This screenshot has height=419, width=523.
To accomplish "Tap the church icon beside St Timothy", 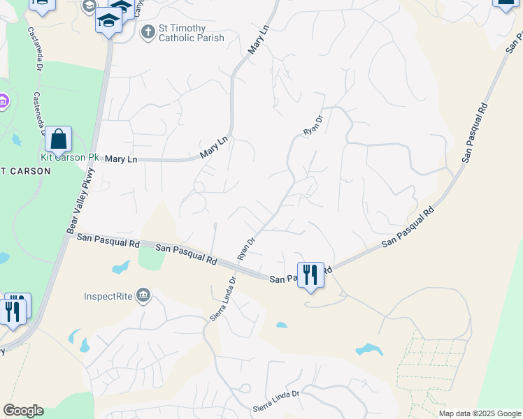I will tap(148, 31).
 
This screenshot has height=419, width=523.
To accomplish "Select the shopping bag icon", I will tap(59, 140).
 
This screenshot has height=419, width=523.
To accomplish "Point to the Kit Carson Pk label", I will tap(70, 157).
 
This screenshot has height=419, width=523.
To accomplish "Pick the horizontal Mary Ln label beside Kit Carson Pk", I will tap(120, 160).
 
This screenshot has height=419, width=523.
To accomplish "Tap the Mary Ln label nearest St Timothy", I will tap(259, 41).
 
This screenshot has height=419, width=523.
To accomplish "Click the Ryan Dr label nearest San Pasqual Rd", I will tap(245, 248).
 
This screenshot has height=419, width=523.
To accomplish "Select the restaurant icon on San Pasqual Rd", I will tap(310, 275).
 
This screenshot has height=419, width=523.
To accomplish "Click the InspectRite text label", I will tap(108, 295).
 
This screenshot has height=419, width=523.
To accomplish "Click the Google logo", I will tap(23, 411).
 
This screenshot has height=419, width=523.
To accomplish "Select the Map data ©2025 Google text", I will tap(479, 413).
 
